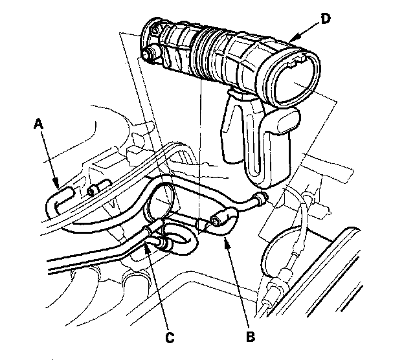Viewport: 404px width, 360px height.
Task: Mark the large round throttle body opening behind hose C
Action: coord(161,201)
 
